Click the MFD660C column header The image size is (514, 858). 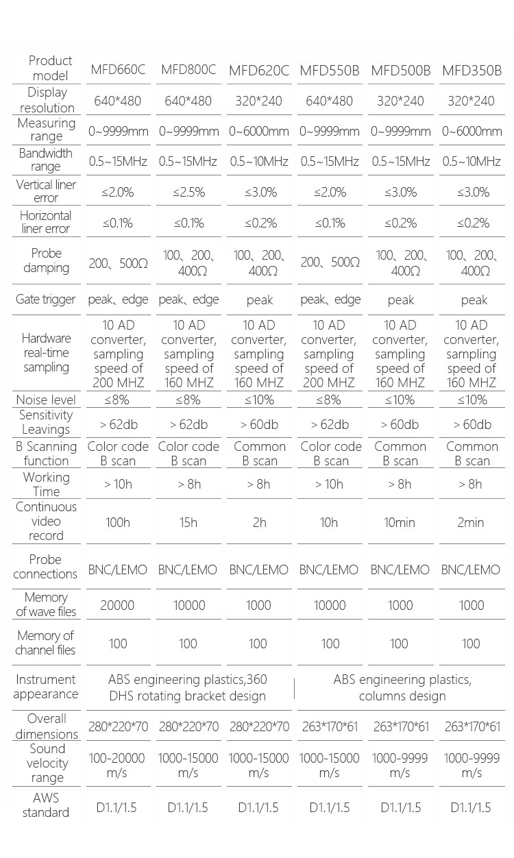tap(118, 70)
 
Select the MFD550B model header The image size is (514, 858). tap(330, 70)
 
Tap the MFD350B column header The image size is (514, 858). tap(472, 70)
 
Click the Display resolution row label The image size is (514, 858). tap(47, 100)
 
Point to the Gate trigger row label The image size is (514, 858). tap(46, 299)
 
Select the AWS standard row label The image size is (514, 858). tap(46, 805)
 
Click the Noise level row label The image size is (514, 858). tap(46, 400)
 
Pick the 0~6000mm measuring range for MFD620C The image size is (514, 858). tap(259, 131)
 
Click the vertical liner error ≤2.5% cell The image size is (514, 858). tap(188, 193)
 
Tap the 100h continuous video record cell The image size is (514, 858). tap(118, 522)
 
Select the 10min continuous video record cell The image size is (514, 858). tap(400, 522)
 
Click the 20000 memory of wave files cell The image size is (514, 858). tap(118, 605)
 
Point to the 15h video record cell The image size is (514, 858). tap(188, 522)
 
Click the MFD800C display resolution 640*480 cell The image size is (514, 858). tap(188, 101)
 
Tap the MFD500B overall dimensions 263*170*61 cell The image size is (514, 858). tap(401, 726)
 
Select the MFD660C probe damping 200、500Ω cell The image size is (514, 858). tap(119, 262)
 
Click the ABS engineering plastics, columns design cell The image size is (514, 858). tap(402, 688)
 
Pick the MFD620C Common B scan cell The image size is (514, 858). tap(259, 454)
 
